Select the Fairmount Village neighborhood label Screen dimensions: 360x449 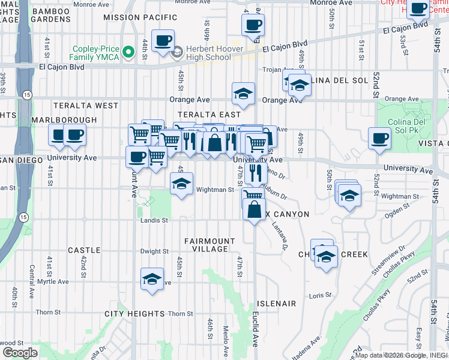[x=206, y=245]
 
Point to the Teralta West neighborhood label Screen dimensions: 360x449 [x=86, y=106]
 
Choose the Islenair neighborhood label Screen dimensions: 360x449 [x=276, y=304]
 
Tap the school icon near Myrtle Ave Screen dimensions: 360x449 [x=152, y=279]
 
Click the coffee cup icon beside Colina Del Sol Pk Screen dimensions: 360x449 [x=379, y=139]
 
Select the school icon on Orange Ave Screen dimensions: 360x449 [x=243, y=94]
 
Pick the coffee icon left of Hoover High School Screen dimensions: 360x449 [x=163, y=41]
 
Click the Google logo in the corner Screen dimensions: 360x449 [x=20, y=352]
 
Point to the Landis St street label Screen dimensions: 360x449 [x=154, y=220]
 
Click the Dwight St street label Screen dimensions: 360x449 [x=154, y=251]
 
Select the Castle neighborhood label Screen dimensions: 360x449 [x=84, y=250]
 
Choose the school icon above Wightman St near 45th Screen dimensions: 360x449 [x=181, y=183]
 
